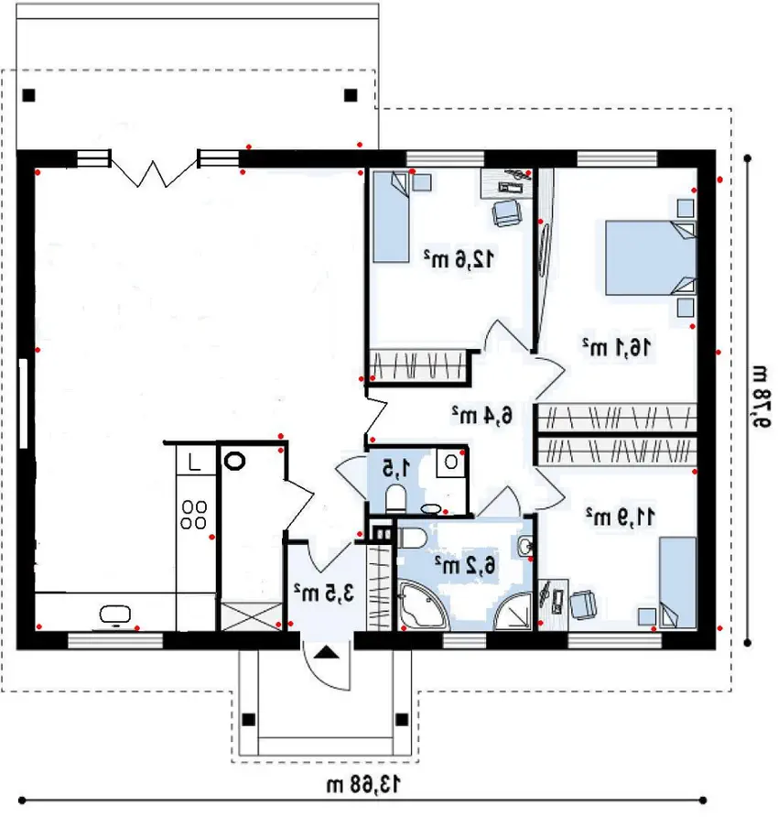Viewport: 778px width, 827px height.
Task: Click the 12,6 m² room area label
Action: click(459, 258)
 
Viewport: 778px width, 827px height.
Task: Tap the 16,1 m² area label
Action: click(616, 347)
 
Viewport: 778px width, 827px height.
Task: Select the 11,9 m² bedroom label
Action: click(621, 517)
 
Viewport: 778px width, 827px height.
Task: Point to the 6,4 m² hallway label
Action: click(481, 415)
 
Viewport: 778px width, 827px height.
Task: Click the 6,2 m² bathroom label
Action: click(466, 565)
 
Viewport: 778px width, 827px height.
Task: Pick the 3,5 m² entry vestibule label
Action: click(324, 593)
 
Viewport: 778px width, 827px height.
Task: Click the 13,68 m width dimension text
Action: click(363, 784)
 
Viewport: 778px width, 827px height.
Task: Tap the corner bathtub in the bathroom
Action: click(423, 604)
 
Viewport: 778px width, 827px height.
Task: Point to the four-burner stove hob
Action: click(193, 515)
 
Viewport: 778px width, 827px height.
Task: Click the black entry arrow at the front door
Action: click(327, 653)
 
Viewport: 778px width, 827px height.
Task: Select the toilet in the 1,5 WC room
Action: click(395, 498)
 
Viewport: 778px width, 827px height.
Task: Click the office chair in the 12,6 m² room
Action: click(507, 212)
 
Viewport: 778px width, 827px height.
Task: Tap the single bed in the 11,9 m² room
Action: click(678, 582)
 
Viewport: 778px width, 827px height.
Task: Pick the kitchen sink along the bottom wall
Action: click(115, 615)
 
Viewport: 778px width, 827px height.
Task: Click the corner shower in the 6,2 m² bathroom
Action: click(513, 611)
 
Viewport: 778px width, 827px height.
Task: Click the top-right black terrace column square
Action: click(351, 95)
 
